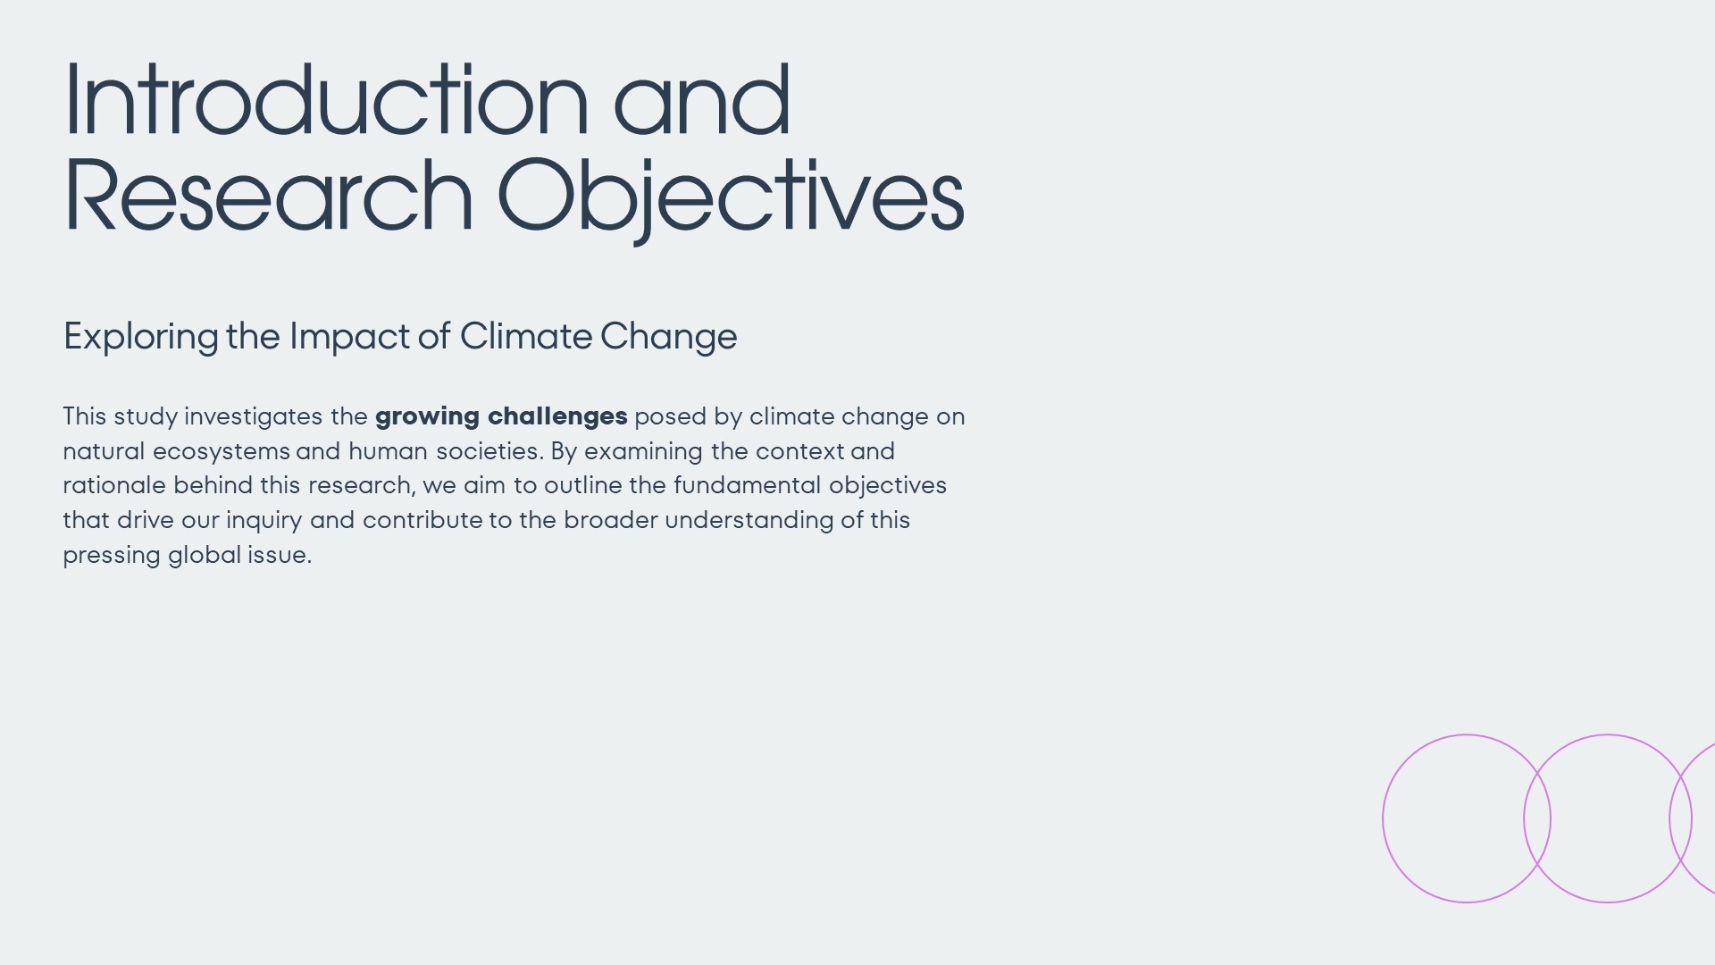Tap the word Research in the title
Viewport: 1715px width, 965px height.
click(x=268, y=196)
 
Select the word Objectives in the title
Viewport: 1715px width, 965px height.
click(x=730, y=200)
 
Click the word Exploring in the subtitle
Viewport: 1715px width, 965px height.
click(x=141, y=338)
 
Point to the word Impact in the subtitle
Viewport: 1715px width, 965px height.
click(x=349, y=338)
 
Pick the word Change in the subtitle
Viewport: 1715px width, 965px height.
click(x=668, y=338)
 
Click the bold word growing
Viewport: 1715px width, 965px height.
click(x=427, y=417)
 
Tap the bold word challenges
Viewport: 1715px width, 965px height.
click(x=557, y=417)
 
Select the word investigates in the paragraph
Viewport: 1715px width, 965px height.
click(x=253, y=417)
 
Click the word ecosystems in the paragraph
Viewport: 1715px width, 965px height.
click(x=222, y=452)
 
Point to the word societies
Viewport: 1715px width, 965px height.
click(x=489, y=451)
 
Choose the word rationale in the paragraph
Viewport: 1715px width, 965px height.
click(x=114, y=486)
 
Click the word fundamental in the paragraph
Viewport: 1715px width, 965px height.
click(x=747, y=485)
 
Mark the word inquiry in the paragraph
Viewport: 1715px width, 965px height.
click(x=264, y=521)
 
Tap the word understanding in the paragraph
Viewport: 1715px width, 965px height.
click(x=749, y=521)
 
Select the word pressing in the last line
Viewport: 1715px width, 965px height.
click(x=112, y=556)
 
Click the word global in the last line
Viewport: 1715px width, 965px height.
click(x=205, y=555)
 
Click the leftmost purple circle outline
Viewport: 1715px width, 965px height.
click(x=1383, y=818)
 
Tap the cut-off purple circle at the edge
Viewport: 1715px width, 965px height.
click(x=1669, y=818)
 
